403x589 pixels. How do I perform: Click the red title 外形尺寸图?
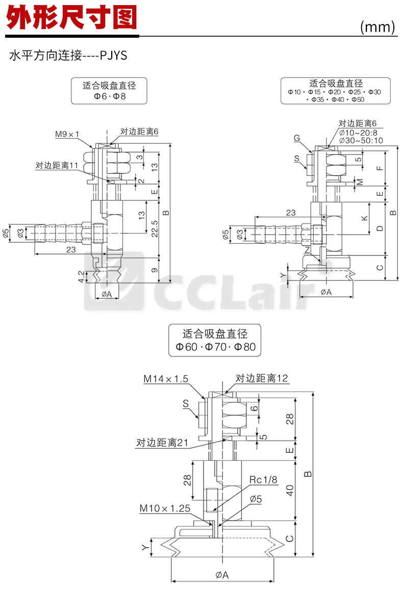(71, 18)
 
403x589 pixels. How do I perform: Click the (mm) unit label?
(377, 27)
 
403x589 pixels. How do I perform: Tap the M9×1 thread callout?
(67, 134)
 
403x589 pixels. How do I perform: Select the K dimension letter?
(364, 218)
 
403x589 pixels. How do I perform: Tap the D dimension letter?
(379, 228)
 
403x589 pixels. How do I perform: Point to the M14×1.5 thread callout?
(166, 379)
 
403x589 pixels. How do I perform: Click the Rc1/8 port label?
(263, 480)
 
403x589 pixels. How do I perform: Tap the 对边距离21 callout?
(162, 443)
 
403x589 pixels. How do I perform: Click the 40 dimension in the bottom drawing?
(289, 491)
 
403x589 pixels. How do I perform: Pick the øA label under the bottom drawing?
(222, 575)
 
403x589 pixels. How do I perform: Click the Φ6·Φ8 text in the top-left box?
(109, 96)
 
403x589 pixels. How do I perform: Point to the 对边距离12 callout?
(262, 378)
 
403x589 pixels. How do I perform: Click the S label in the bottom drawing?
(186, 403)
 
